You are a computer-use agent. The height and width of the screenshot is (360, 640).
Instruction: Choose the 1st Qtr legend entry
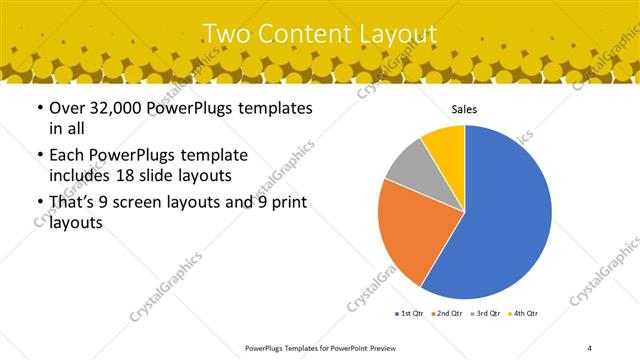click(409, 314)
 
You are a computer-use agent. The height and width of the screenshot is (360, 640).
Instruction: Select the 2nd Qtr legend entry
click(447, 314)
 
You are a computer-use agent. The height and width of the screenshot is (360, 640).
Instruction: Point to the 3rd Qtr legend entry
click(486, 314)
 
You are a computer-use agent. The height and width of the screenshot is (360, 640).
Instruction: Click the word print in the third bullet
click(284, 203)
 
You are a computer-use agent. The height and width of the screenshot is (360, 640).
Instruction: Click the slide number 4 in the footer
click(590, 347)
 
